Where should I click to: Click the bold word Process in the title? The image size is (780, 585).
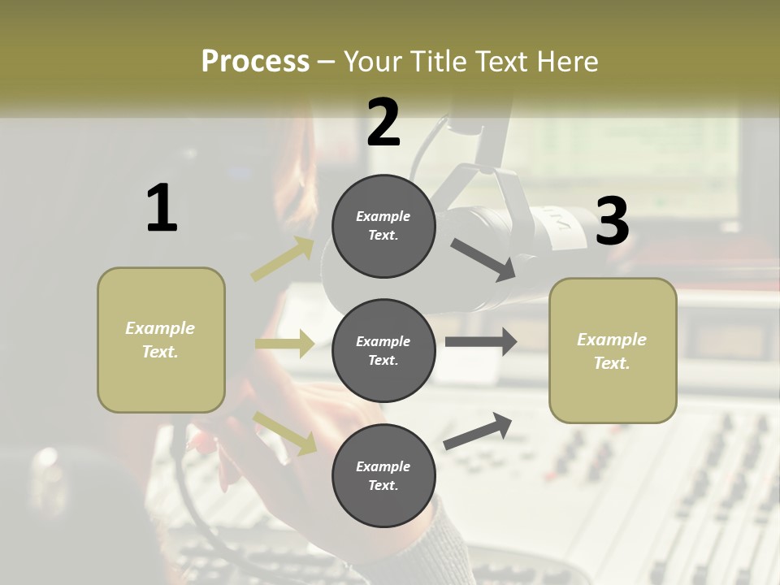[x=255, y=61]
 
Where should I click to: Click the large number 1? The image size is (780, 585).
[x=162, y=208]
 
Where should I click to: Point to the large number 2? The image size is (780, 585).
[x=383, y=123]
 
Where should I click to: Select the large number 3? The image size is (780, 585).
[x=612, y=221]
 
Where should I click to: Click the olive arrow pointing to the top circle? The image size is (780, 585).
[x=283, y=259]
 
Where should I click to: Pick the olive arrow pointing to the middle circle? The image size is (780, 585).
[x=285, y=344]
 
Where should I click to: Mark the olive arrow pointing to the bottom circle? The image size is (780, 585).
[x=285, y=433]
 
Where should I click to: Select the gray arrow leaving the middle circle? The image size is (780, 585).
[x=481, y=341]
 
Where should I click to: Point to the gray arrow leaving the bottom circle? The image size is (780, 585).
[x=478, y=431]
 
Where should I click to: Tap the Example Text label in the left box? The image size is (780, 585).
[x=160, y=340]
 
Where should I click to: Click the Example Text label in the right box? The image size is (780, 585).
[x=612, y=351]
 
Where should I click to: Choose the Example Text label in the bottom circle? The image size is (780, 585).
[x=383, y=475]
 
